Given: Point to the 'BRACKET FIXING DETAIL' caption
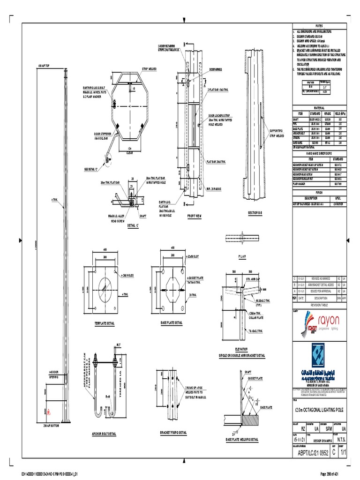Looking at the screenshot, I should click(173, 432).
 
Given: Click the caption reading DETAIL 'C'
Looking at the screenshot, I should click(135, 225).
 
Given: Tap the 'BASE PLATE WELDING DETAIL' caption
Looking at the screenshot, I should click(241, 439).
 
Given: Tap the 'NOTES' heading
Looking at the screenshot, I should click(320, 25).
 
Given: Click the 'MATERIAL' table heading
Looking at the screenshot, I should click(320, 107).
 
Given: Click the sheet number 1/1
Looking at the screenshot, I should click(344, 452).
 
